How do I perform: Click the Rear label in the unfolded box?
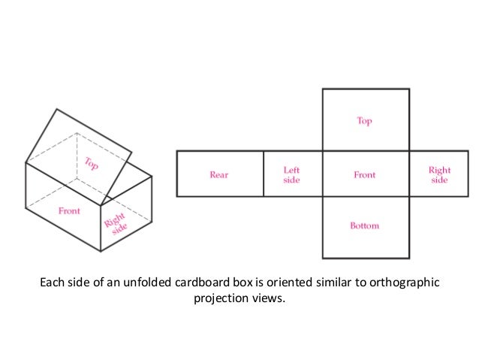coord(219,175)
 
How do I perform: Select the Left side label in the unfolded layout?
coord(291,175)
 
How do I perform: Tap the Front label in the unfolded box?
coord(364,175)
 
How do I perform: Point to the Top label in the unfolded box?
coord(364,120)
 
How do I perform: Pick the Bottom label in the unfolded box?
coord(364,226)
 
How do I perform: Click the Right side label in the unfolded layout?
coord(439,175)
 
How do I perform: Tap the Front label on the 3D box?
coord(69,211)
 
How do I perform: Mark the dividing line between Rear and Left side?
coord(264,174)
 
